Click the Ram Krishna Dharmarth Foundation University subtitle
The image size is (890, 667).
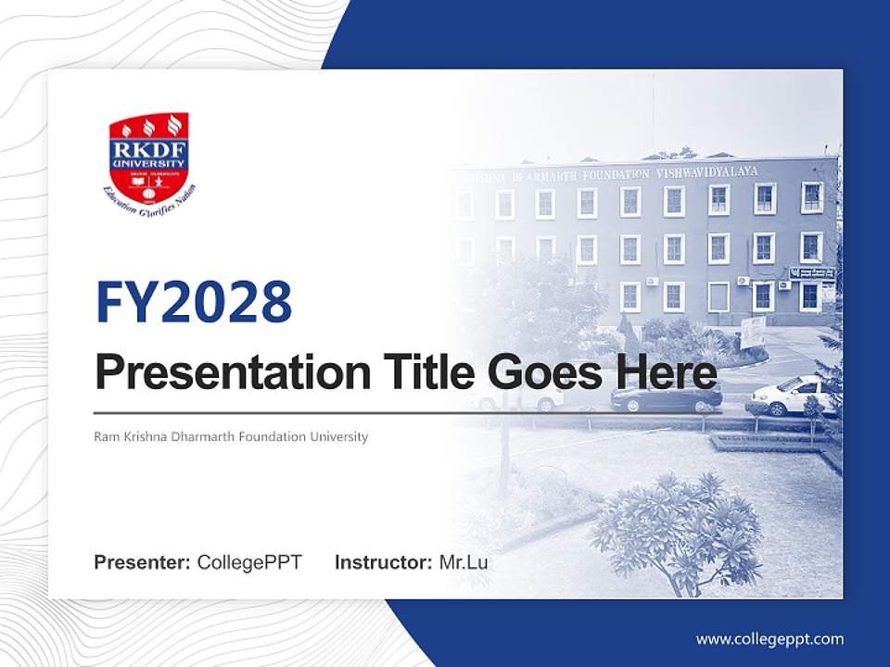click(x=231, y=436)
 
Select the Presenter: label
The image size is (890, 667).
click(x=143, y=562)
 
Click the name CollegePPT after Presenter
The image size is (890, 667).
click(x=249, y=562)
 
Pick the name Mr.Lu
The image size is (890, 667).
click(x=464, y=562)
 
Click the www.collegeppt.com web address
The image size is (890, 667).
click(x=769, y=639)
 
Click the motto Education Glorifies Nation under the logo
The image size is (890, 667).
click(x=149, y=195)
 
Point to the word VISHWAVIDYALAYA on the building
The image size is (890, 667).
click(x=707, y=172)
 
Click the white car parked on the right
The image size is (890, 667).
click(x=790, y=396)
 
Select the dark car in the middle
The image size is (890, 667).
click(x=666, y=397)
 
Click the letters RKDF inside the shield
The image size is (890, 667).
click(x=149, y=148)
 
